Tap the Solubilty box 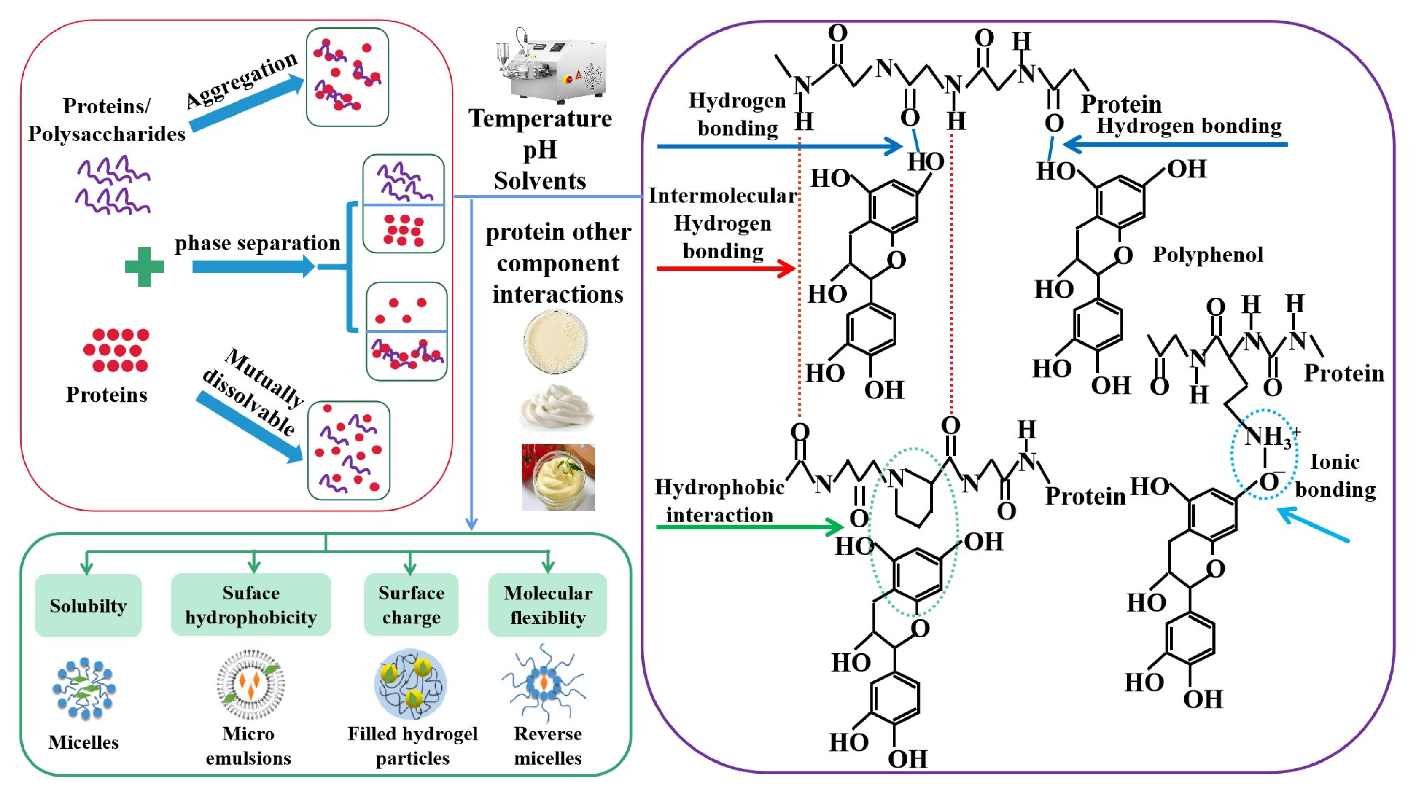[x=88, y=605]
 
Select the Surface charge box [x=411, y=605]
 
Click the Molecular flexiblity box [x=547, y=605]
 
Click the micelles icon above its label [x=84, y=688]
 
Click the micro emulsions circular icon [x=250, y=684]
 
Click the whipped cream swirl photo [x=555, y=407]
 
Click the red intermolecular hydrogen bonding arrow [x=726, y=269]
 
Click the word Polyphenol [x=1208, y=255]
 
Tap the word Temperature [x=540, y=119]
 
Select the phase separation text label [x=257, y=242]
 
